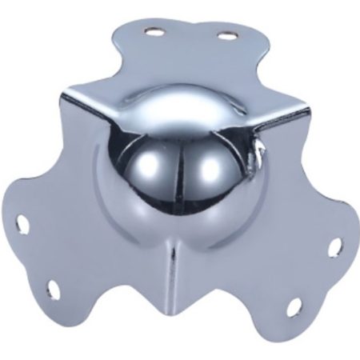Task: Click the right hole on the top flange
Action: [x=227, y=36]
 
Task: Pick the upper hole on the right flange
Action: [x=334, y=247]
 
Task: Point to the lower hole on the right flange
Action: [x=293, y=307]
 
